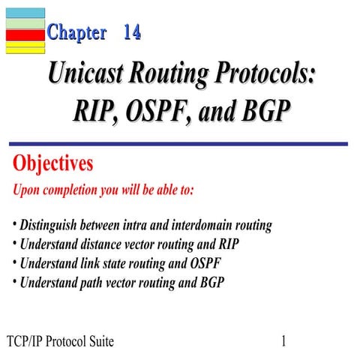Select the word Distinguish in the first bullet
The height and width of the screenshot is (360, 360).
pyautogui.click(x=54, y=225)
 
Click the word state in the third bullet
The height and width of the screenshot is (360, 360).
pyautogui.click(x=124, y=264)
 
